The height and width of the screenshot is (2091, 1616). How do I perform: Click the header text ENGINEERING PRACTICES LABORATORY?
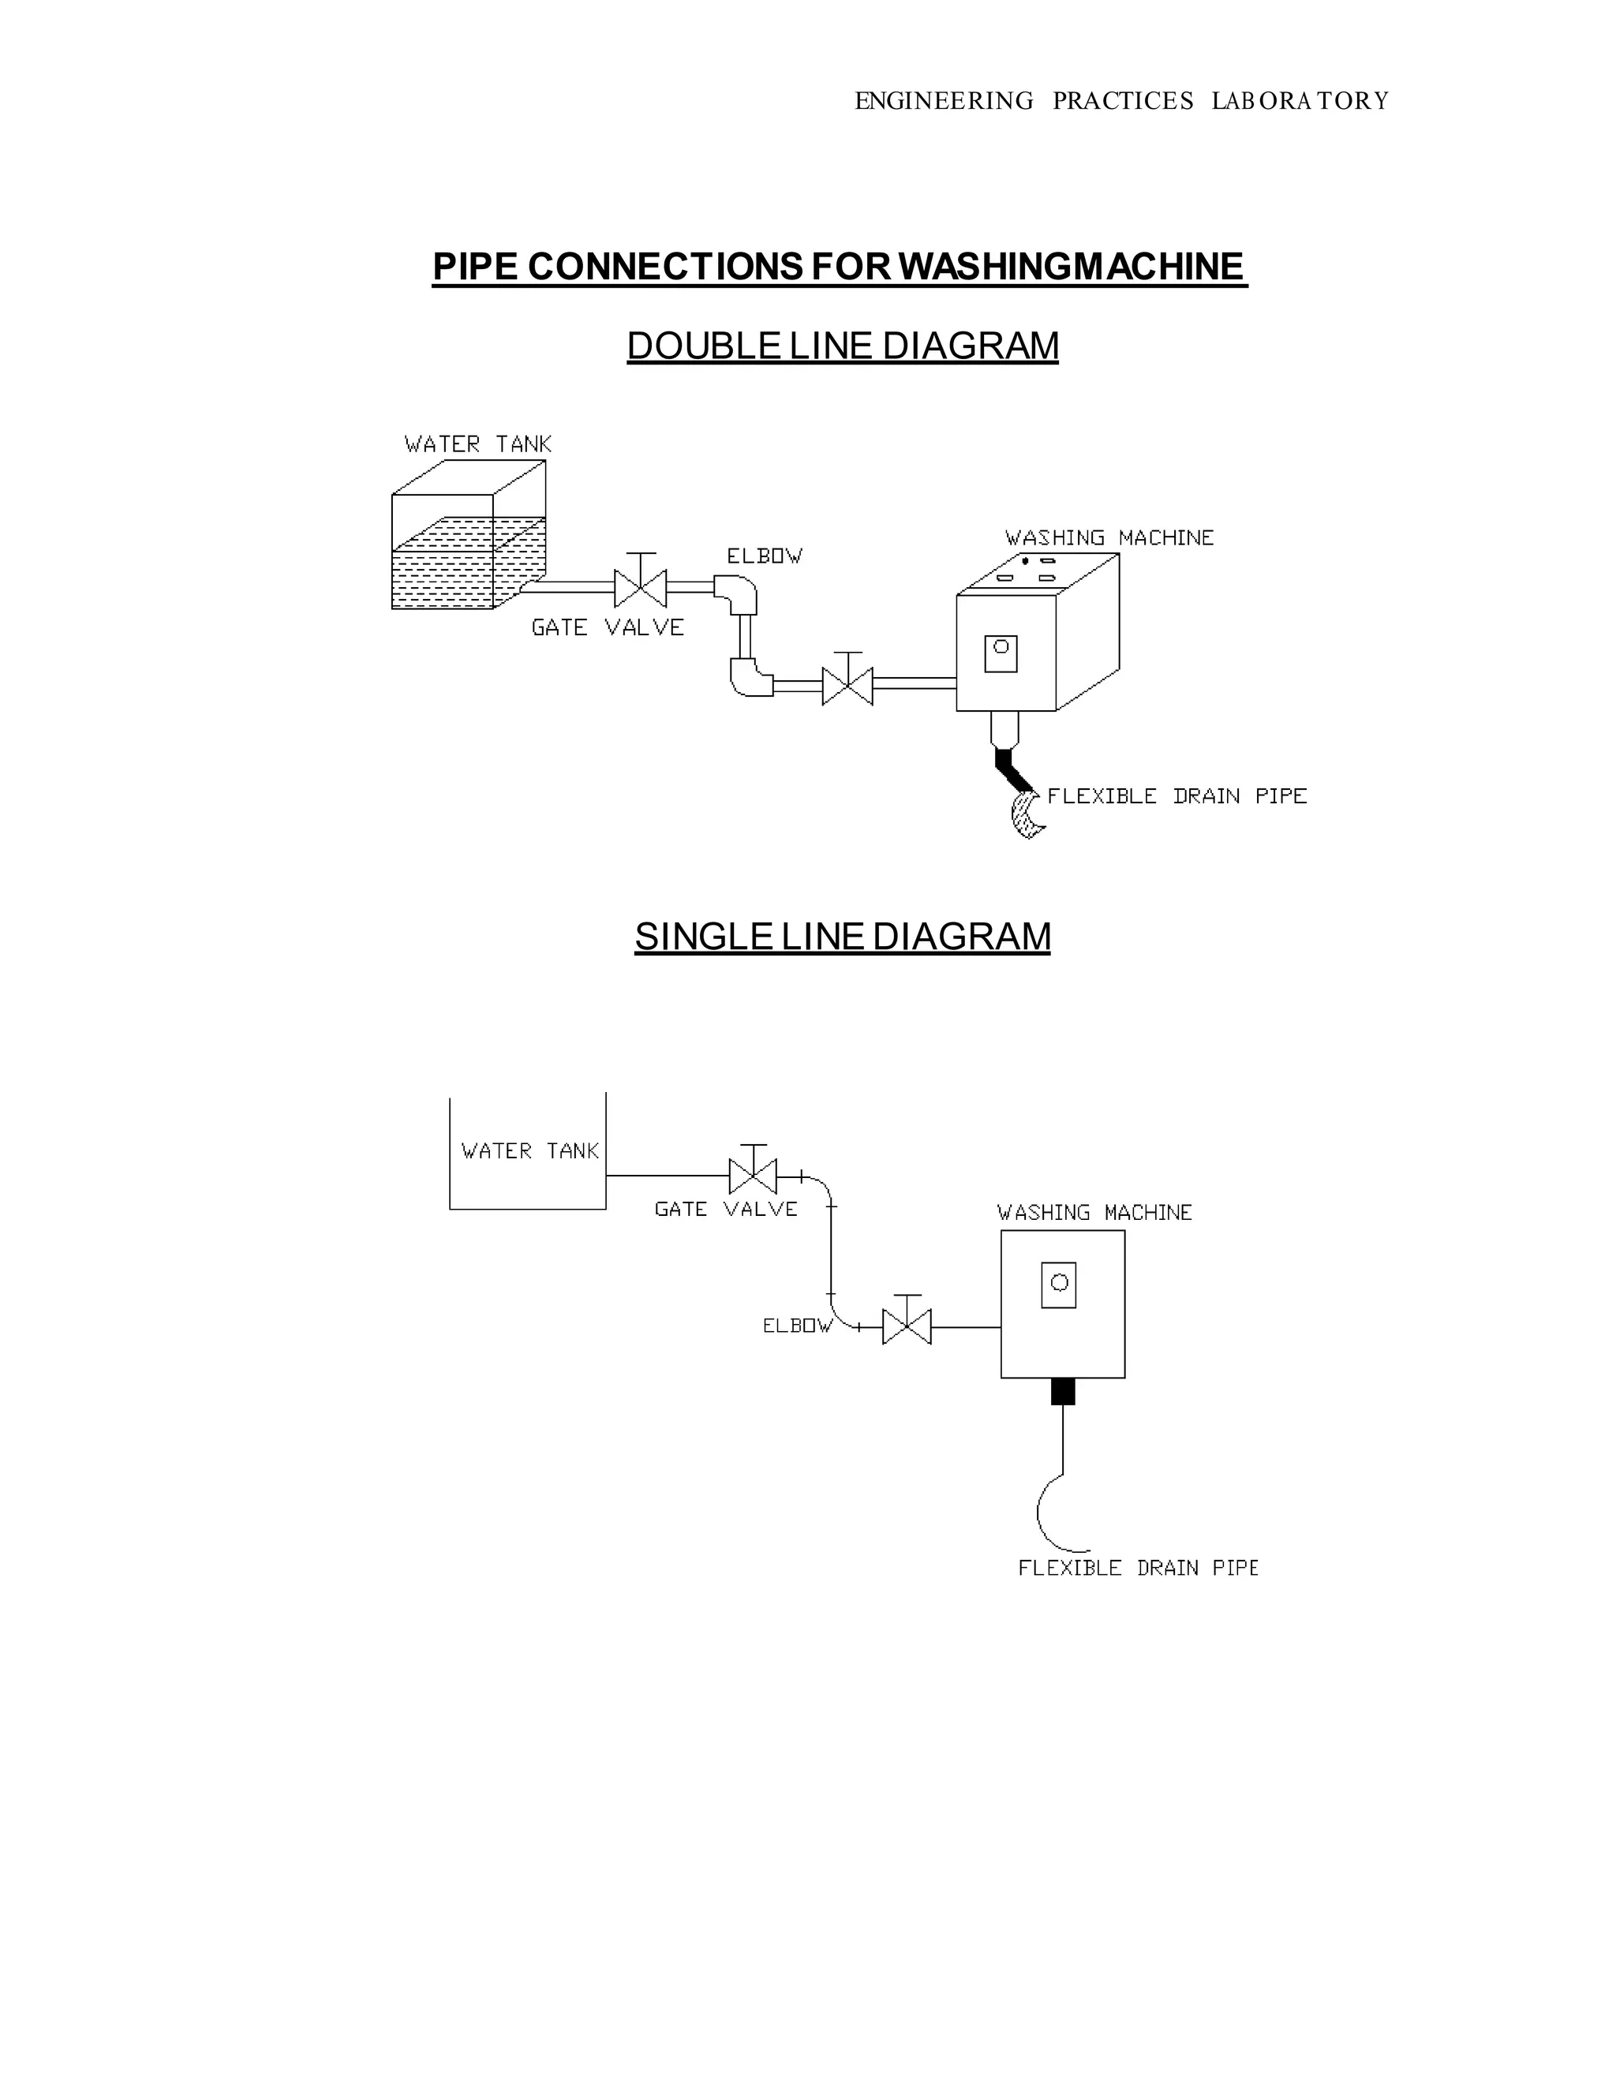pos(1121,100)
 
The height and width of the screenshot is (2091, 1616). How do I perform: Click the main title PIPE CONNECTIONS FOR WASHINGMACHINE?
pos(839,266)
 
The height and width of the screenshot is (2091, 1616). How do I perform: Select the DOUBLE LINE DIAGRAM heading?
pos(843,346)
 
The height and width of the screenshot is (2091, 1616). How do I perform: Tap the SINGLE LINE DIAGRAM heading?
pos(843,937)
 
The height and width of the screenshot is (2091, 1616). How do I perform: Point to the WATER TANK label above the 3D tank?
pos(477,444)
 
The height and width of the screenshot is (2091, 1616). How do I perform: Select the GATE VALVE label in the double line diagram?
pos(608,628)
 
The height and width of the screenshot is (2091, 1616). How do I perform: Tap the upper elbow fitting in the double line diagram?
pos(738,593)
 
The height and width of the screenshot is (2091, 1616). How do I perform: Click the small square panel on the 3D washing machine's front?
pos(1001,654)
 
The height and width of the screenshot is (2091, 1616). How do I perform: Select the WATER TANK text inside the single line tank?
pos(529,1150)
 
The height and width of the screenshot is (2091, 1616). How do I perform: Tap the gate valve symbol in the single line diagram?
pos(754,1176)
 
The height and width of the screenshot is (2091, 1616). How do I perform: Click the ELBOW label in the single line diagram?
pos(796,1326)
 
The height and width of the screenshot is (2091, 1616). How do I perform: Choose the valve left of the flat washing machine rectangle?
pos(907,1327)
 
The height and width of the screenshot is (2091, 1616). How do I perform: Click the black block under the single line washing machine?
pos(1063,1391)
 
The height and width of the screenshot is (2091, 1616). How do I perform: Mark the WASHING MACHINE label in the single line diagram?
pos(1094,1213)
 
